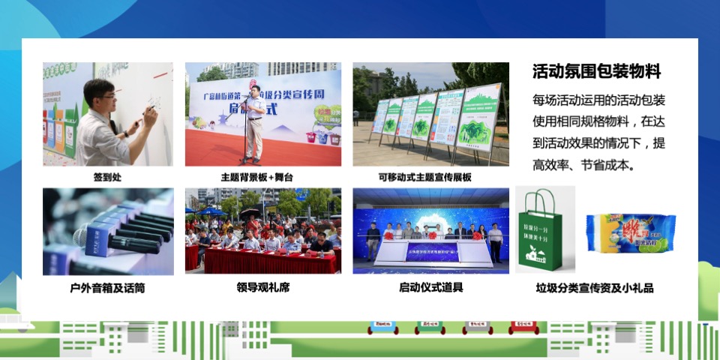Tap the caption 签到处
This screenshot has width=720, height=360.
click(108, 178)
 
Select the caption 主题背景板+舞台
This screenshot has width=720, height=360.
click(262, 178)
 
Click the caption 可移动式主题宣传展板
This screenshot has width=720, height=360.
click(430, 178)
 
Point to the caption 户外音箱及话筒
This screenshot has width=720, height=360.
click(107, 287)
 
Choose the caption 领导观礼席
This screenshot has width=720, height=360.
click(262, 287)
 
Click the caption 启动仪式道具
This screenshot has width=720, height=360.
click(430, 287)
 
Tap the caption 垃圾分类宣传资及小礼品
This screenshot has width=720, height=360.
click(595, 287)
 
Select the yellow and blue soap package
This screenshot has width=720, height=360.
click(630, 232)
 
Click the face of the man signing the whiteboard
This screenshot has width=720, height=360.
click(100, 97)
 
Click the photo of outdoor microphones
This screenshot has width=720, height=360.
click(108, 232)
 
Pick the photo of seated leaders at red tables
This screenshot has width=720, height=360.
click(262, 232)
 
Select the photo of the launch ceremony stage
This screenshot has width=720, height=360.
click(430, 232)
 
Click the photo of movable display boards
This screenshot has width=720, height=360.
click(430, 114)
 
